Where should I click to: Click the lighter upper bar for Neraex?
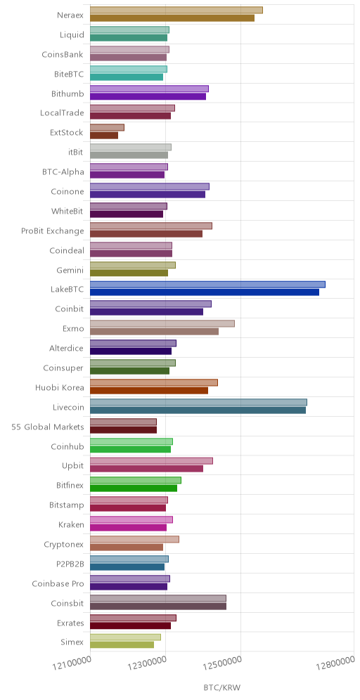point(176,11)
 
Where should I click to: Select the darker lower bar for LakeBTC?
point(205,292)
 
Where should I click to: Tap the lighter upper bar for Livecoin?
point(198,402)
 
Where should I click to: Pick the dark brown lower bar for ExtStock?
point(104,135)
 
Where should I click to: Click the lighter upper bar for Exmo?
point(162,324)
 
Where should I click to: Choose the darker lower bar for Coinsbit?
point(158,607)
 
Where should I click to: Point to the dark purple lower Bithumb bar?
point(148,96)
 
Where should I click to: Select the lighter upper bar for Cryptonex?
point(134,539)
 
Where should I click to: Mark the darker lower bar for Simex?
point(122,644)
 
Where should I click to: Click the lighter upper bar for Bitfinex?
point(136,480)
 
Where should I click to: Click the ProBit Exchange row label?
point(53,231)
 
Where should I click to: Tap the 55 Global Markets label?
point(48,427)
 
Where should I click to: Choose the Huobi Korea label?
point(59,387)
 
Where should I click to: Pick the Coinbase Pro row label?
point(58,583)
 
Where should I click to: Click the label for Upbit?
point(73,466)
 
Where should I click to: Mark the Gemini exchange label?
point(70,270)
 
